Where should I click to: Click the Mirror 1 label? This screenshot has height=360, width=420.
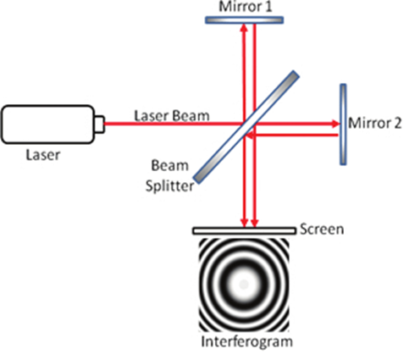[246, 7]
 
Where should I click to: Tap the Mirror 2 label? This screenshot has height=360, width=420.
[375, 123]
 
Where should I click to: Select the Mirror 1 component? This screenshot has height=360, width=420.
[244, 20]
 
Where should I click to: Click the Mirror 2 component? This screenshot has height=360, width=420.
[343, 125]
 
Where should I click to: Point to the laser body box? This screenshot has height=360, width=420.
[47, 125]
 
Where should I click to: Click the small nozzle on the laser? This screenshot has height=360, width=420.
[100, 125]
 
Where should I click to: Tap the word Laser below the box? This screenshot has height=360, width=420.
[43, 155]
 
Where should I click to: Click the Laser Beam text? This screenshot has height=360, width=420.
[172, 116]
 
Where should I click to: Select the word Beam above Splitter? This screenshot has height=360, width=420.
[169, 165]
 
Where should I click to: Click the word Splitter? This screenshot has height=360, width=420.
[169, 186]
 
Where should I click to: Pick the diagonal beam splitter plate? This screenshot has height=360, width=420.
[246, 127]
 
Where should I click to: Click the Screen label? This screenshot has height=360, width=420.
[322, 230]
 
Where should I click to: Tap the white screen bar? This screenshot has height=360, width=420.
[245, 230]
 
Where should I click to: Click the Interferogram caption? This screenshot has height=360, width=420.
[246, 341]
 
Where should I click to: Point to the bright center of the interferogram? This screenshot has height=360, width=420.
[244, 285]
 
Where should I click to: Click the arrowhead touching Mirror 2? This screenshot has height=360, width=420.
[335, 124]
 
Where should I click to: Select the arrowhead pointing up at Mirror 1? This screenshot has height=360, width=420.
[244, 28]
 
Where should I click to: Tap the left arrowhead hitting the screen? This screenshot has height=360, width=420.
[244, 223]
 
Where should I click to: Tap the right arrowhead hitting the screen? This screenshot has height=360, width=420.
[255, 223]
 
